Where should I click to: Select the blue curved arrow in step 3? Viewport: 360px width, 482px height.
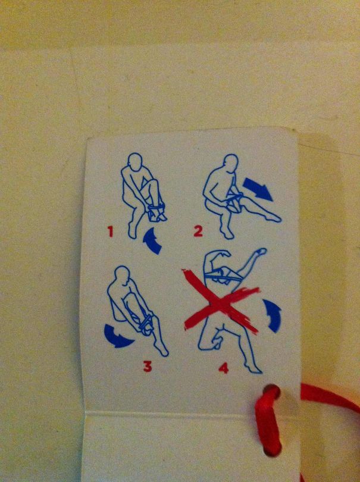[119, 336]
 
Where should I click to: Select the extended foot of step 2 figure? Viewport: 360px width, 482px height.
[273, 217]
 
